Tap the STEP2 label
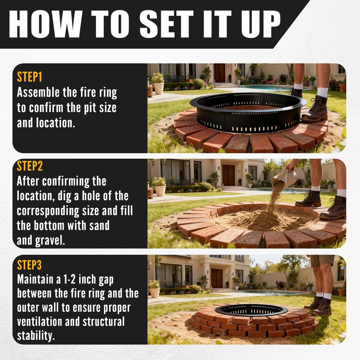click(x=30, y=166)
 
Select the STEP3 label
click(x=30, y=265)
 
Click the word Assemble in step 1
click(x=38, y=93)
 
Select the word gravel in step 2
click(x=49, y=240)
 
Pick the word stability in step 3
click(x=36, y=336)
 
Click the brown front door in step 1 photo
click(x=219, y=73)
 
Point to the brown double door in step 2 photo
click(x=228, y=175)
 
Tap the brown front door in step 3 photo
click(x=216, y=278)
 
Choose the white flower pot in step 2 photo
click(x=160, y=190)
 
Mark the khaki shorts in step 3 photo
click(x=322, y=261)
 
